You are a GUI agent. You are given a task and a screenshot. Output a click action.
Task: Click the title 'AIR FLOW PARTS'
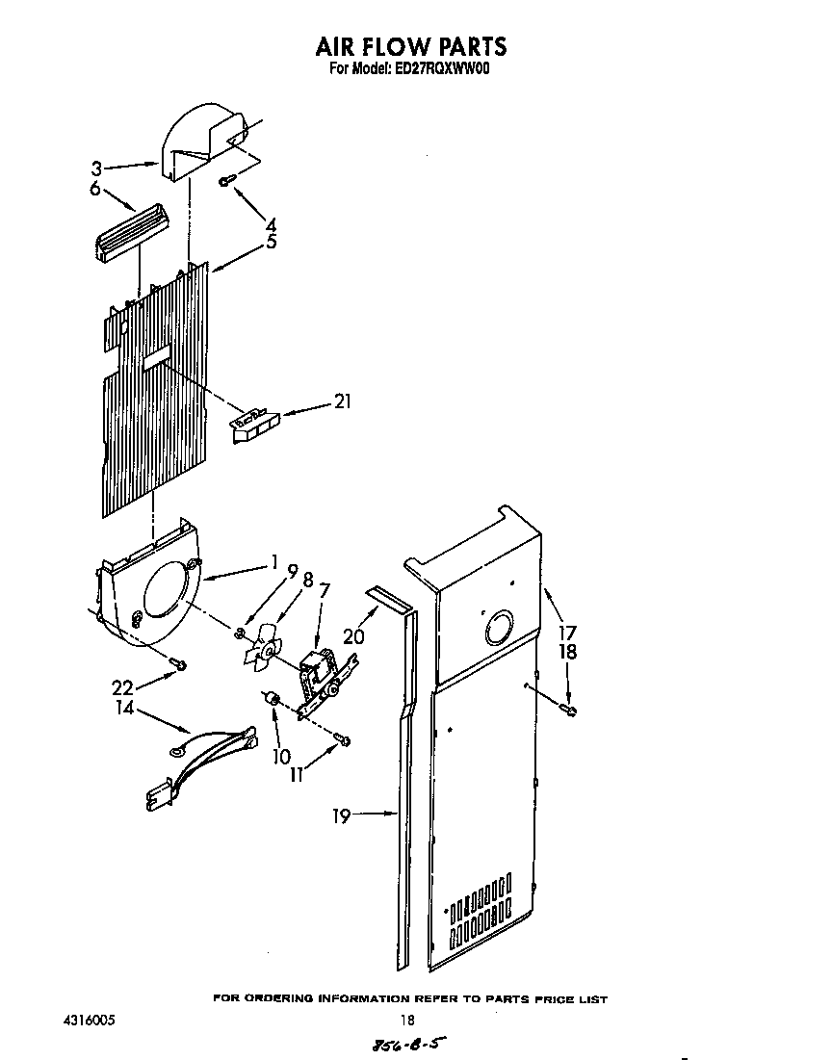(x=411, y=45)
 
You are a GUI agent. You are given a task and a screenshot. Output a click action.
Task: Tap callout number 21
(x=341, y=402)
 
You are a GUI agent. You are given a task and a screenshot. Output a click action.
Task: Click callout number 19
(x=341, y=816)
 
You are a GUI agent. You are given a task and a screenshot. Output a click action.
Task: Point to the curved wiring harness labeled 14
(x=207, y=760)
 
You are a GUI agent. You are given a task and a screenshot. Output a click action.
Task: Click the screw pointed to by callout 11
(x=344, y=738)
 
